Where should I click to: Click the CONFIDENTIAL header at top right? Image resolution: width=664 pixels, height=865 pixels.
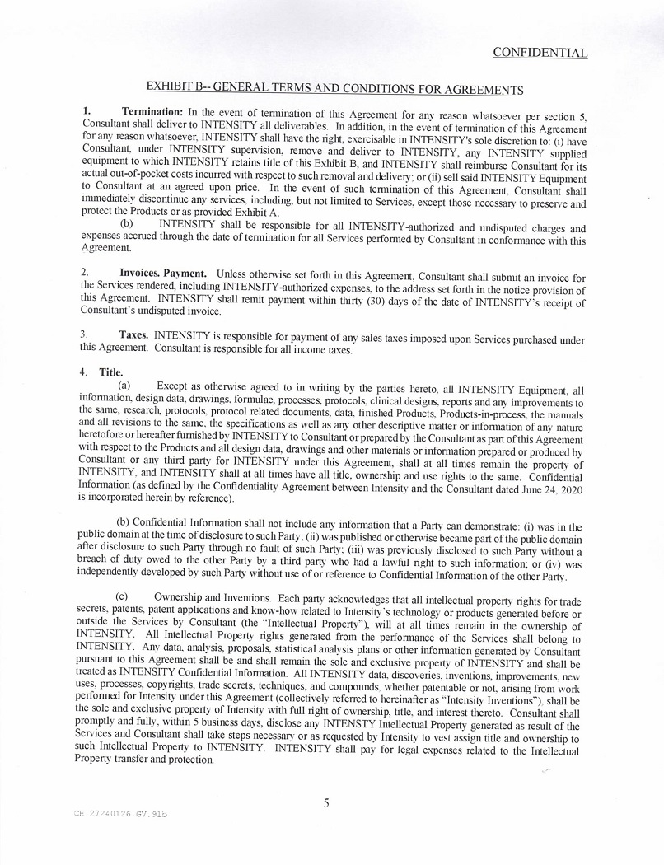540,53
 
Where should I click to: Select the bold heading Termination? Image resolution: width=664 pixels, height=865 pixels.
152,111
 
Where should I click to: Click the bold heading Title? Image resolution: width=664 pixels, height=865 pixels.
111,372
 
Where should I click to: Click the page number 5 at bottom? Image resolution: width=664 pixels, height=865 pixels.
326,802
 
